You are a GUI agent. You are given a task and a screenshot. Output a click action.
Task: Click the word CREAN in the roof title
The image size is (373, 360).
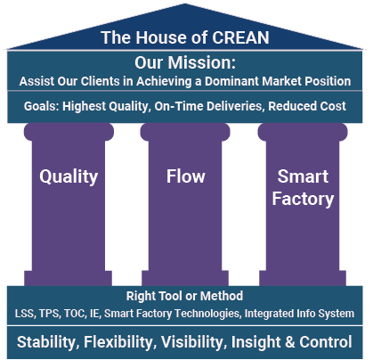pos(240,37)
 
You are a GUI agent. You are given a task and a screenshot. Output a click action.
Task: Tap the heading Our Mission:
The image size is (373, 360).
pos(185,62)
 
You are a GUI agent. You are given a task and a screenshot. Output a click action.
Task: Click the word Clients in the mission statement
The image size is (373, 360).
pos(101,81)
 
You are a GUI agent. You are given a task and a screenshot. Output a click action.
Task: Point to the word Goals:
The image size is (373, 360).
pos(42,106)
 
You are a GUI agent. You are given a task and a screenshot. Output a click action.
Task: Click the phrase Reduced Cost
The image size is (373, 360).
pos(307,106)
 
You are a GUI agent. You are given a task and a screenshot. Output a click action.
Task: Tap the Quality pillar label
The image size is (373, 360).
pos(69,177)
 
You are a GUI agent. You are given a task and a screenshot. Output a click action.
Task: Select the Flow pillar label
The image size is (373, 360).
pos(186,176)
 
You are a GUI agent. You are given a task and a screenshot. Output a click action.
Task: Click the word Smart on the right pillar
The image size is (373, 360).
pos(303,176)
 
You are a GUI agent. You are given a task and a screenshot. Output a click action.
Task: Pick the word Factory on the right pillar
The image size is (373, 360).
pos(303,199)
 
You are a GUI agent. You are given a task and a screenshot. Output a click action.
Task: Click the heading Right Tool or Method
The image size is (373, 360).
pos(184,296)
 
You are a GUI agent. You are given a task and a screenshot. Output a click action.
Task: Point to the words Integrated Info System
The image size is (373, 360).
pos(299,314)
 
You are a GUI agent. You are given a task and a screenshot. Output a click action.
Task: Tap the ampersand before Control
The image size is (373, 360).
pos(290,342)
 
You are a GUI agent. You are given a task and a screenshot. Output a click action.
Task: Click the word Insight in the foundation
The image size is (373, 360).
pos(255,342)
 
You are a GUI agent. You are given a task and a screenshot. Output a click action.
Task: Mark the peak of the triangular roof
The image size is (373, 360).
pos(185,4)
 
